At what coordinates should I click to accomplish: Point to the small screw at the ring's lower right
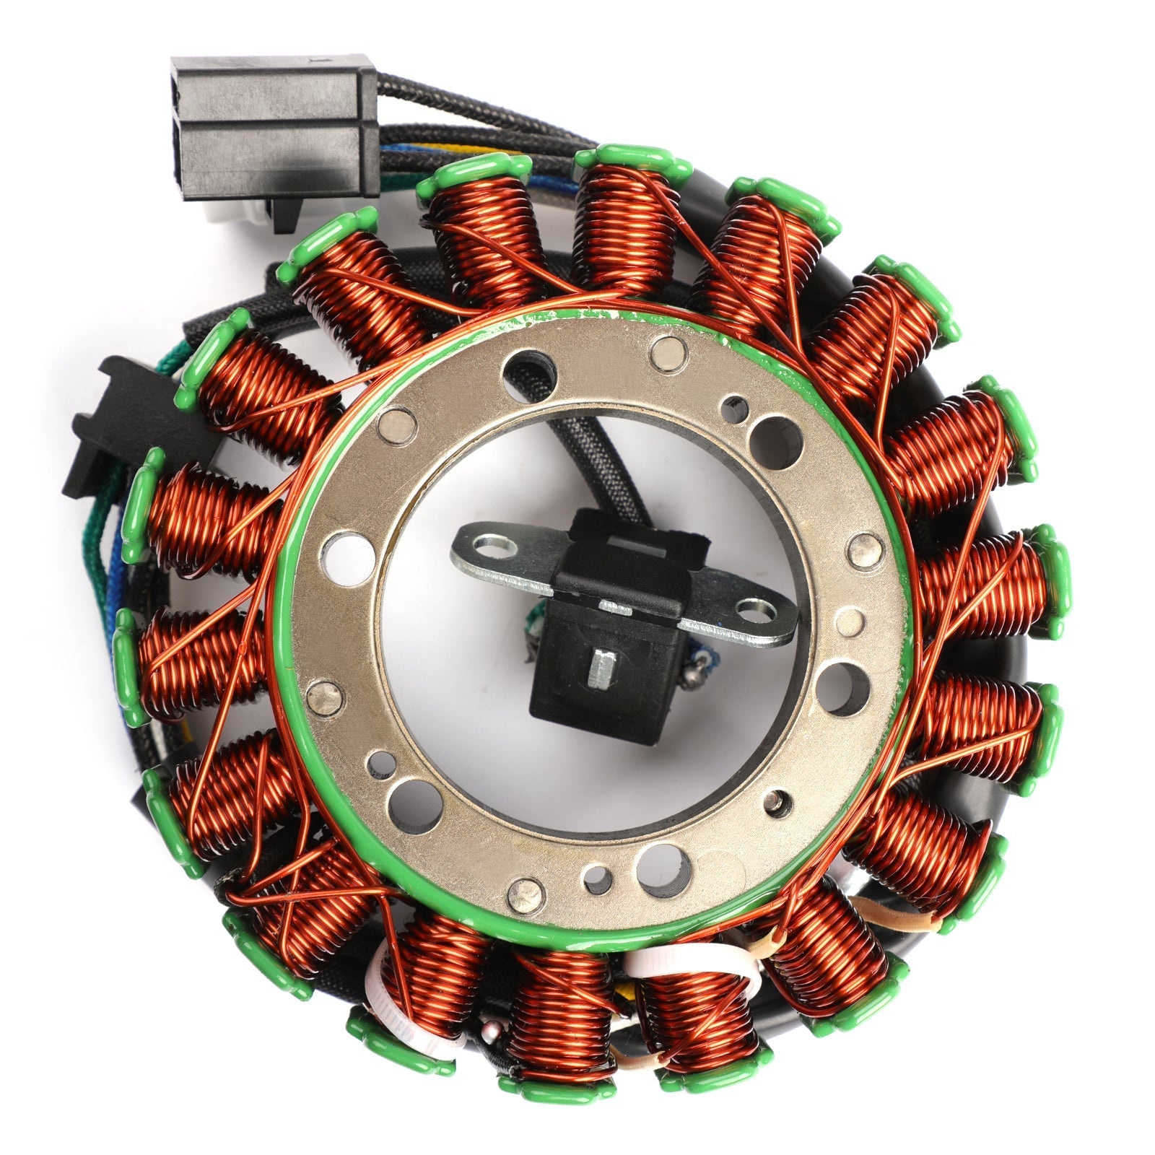click(776, 798)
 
